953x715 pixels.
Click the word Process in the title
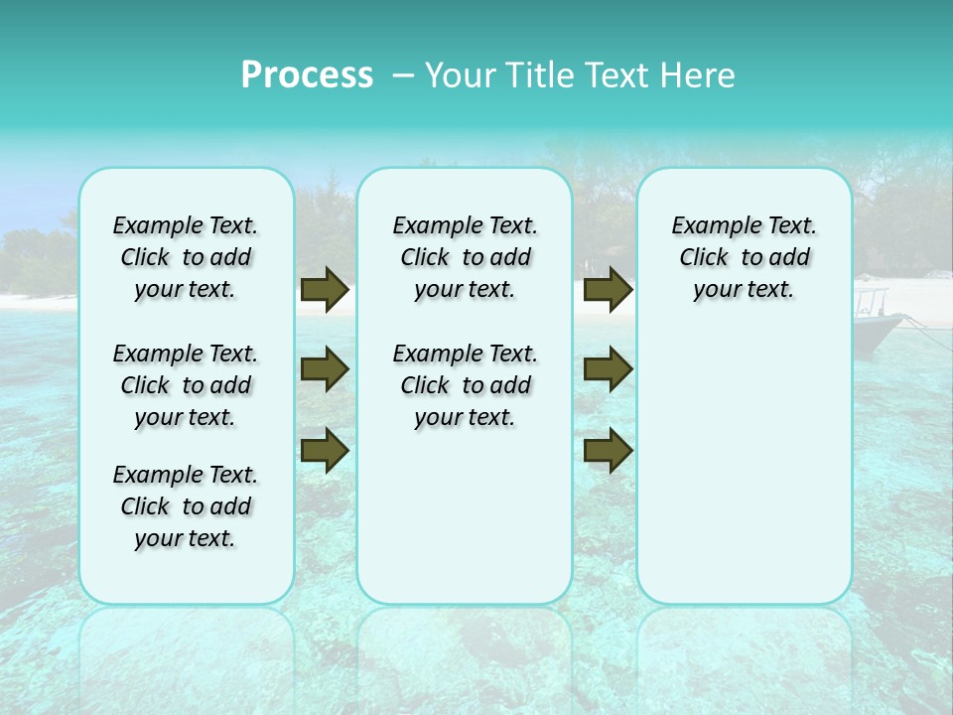tap(307, 75)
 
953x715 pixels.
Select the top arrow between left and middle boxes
tap(324, 290)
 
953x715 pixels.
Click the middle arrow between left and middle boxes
tap(324, 369)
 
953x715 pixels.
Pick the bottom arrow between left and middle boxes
tap(324, 450)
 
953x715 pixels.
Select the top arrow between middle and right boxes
tap(608, 290)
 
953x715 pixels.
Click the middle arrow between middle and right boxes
tap(608, 369)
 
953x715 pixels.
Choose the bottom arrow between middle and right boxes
tap(608, 450)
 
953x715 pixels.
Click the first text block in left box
tap(186, 257)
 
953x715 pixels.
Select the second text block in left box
tap(186, 385)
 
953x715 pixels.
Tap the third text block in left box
tap(186, 506)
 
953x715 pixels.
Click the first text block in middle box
tap(465, 257)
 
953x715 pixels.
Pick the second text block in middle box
tap(465, 385)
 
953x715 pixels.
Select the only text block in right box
tap(744, 257)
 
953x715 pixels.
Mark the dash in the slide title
tap(403, 75)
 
